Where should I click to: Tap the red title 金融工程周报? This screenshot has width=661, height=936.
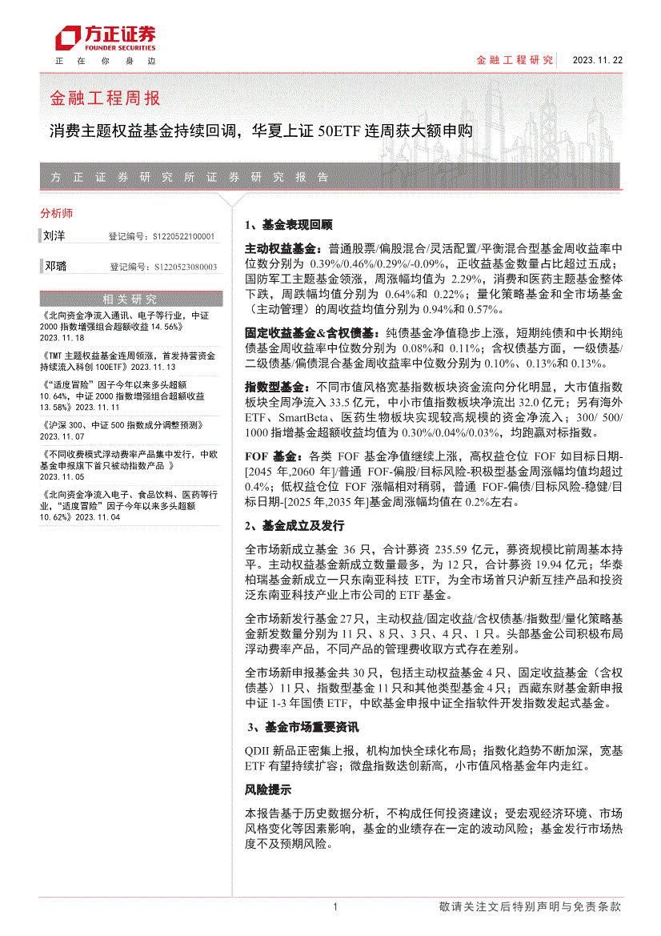(105, 98)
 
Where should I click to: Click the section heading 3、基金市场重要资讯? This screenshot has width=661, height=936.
(302, 727)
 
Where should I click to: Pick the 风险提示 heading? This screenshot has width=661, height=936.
(267, 789)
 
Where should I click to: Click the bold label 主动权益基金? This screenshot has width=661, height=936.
(281, 249)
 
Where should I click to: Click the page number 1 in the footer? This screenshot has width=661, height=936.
(335, 907)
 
